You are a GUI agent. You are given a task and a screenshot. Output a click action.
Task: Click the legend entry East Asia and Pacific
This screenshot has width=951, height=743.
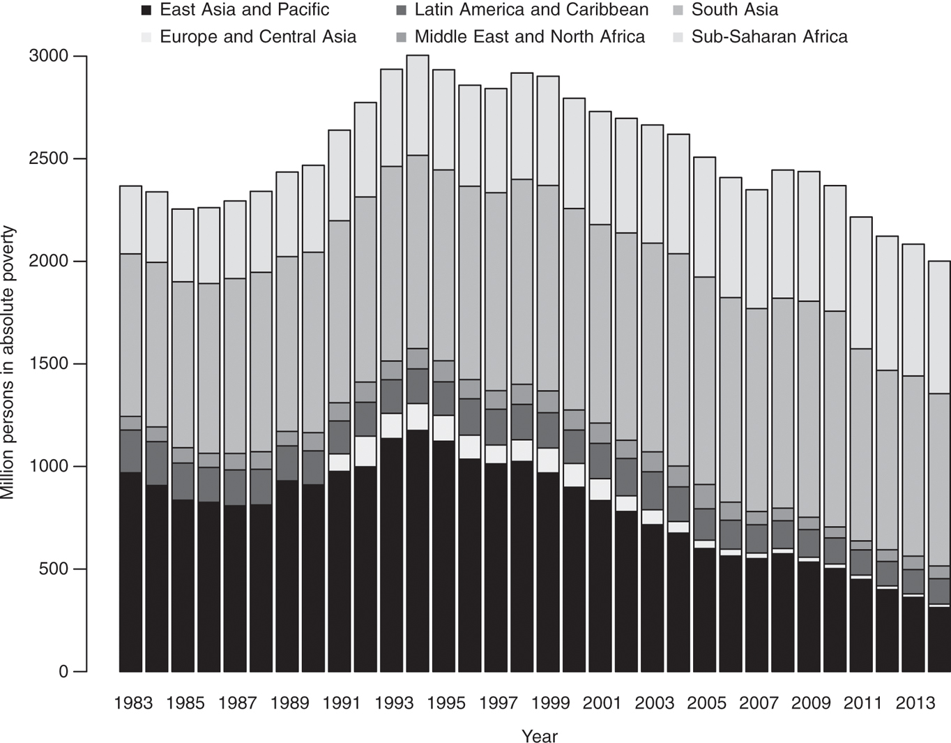[x=244, y=10]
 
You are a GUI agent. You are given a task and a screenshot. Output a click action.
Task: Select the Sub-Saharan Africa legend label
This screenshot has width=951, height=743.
[x=769, y=37]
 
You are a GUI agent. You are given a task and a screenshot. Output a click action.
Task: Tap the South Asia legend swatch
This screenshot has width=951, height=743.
[x=678, y=10]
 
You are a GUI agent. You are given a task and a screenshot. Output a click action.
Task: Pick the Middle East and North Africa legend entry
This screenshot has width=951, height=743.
[x=529, y=37]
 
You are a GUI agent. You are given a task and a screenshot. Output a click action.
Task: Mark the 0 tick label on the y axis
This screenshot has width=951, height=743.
[x=63, y=672]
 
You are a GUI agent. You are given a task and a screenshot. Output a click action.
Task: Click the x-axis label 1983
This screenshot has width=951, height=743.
[x=132, y=703]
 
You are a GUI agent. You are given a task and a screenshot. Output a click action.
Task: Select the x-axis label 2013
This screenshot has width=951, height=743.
[x=914, y=703]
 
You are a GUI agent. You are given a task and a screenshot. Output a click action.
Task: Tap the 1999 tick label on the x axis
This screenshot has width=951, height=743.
[x=549, y=703]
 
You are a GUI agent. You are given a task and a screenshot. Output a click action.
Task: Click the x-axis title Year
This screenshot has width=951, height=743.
[x=539, y=736]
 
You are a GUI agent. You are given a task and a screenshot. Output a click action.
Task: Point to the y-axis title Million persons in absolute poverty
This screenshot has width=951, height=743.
[x=8, y=363]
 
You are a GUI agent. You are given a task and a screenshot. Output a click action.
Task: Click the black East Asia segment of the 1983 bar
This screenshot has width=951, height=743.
[x=130, y=572]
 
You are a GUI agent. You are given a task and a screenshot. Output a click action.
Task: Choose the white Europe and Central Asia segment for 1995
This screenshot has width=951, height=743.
[x=443, y=428]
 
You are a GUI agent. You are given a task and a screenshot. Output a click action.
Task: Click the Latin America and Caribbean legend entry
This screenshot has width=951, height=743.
[x=531, y=10]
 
